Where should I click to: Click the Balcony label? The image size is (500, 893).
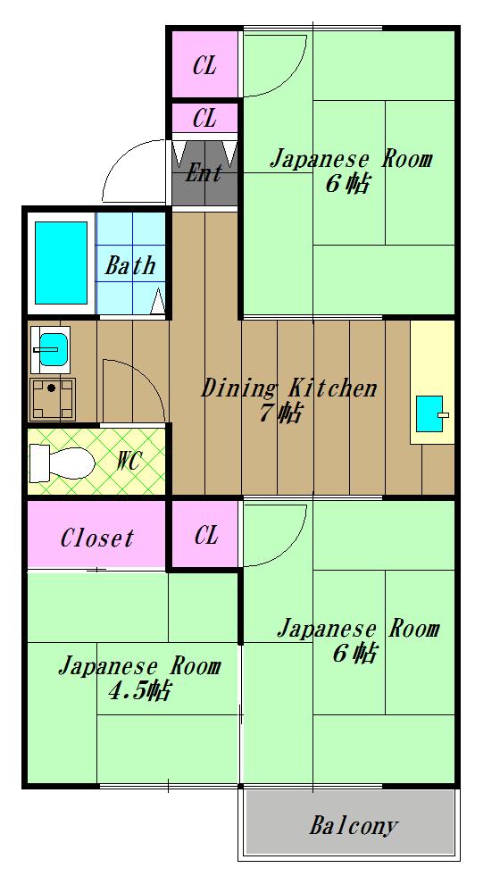(354, 825)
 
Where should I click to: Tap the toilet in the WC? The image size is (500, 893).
(62, 463)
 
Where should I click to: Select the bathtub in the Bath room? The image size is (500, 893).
(61, 263)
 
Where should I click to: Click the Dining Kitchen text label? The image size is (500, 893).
(288, 388)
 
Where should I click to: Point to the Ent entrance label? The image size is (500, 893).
(204, 172)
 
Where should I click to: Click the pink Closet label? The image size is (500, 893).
(97, 538)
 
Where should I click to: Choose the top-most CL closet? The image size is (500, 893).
(205, 66)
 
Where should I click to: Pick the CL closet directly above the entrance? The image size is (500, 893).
(205, 117)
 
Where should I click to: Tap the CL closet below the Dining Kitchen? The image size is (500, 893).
(205, 535)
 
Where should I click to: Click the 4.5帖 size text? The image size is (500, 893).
(140, 690)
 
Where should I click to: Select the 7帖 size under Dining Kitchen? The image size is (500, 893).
(280, 413)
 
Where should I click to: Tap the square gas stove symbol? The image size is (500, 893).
(53, 398)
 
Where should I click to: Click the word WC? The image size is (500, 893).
(129, 463)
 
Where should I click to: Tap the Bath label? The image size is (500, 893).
(130, 265)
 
